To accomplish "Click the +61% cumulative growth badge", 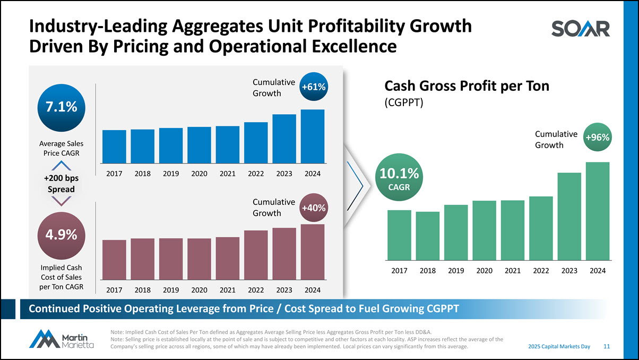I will point(313,87).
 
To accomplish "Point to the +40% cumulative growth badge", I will point(313,207).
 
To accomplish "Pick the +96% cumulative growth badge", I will point(598,138).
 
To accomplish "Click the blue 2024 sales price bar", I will point(312,135).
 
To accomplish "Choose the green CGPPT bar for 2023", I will point(569,216).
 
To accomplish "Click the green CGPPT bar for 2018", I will point(428,236).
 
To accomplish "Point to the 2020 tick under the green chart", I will point(484,271).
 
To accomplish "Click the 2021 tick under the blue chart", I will point(227,174).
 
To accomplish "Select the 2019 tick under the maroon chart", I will point(170,290).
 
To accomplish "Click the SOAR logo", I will point(580,29).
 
